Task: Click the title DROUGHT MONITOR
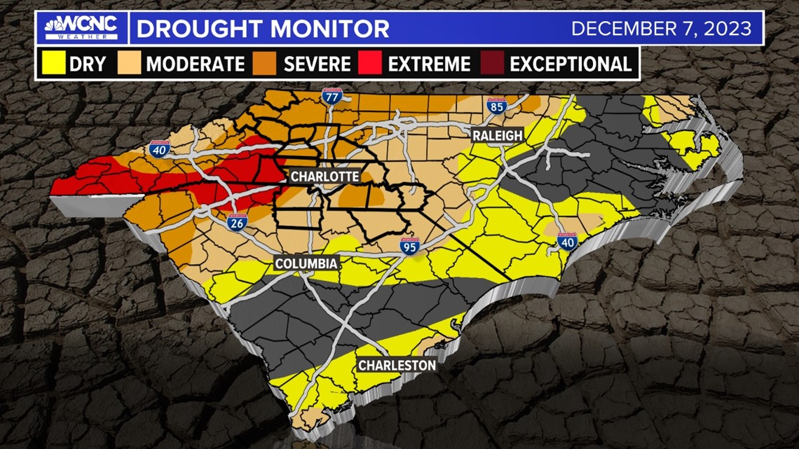262,29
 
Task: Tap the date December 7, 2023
661,29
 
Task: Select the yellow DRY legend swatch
53,64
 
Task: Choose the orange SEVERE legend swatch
266,64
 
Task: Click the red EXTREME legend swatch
371,64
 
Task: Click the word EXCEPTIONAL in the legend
571,64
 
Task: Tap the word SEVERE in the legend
317,64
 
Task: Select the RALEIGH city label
497,135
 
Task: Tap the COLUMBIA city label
306,263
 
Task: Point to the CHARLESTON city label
397,365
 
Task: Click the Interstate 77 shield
332,97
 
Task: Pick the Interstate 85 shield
496,106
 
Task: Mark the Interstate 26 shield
235,222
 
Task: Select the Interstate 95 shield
409,246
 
